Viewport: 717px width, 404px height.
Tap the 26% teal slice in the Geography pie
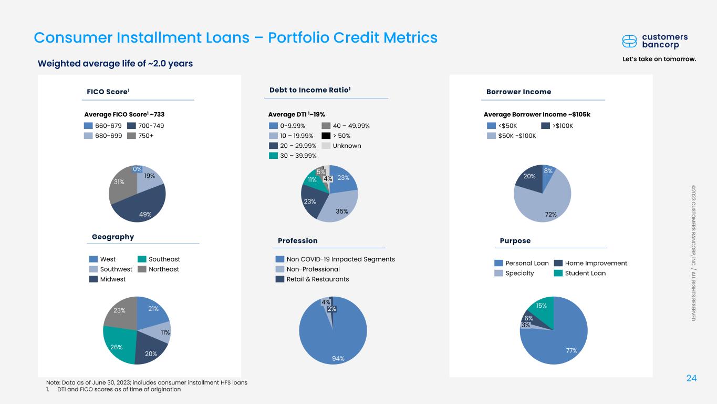(x=118, y=345)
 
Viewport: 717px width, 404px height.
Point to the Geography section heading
(x=113, y=237)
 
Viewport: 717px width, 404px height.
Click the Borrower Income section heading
(x=518, y=92)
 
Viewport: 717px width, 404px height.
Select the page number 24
(x=692, y=377)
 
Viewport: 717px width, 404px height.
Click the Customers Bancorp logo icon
(x=629, y=41)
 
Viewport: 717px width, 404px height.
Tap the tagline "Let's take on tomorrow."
(x=659, y=59)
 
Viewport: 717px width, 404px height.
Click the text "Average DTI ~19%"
(x=297, y=114)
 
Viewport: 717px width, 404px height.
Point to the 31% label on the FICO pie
(x=119, y=181)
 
